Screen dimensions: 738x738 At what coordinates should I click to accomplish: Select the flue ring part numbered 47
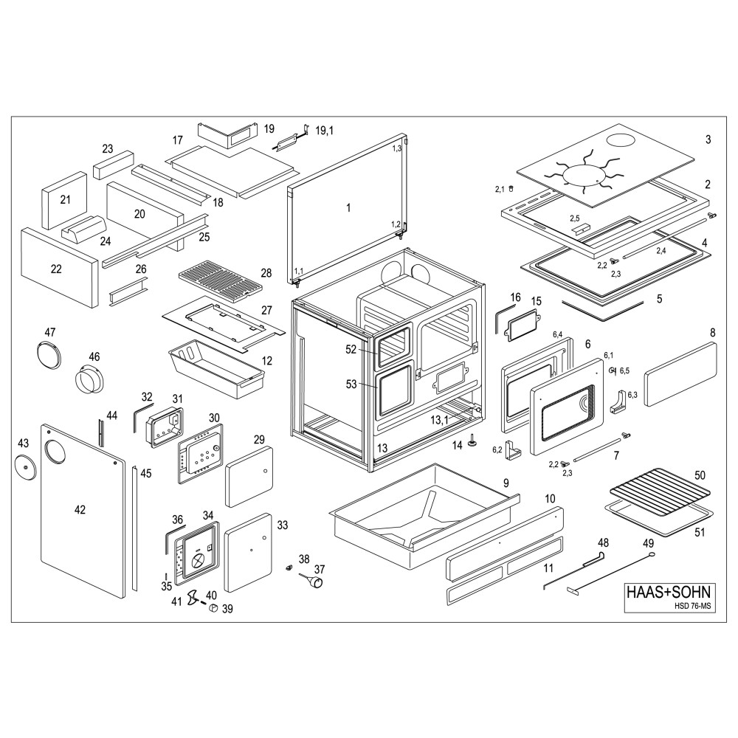pyautogui.click(x=48, y=353)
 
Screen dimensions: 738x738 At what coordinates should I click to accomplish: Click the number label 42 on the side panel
pyautogui.click(x=80, y=509)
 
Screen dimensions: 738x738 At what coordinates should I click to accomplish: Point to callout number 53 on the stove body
pyautogui.click(x=351, y=384)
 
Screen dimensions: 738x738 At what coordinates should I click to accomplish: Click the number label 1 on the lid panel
pyautogui.click(x=348, y=208)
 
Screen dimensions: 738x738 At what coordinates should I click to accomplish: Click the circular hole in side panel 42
pyautogui.click(x=55, y=449)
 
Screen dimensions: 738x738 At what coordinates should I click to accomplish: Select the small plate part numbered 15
pyautogui.click(x=521, y=323)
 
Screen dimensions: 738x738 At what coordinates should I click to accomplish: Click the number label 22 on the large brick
pyautogui.click(x=56, y=269)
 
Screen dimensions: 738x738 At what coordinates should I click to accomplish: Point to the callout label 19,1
pyautogui.click(x=325, y=131)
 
